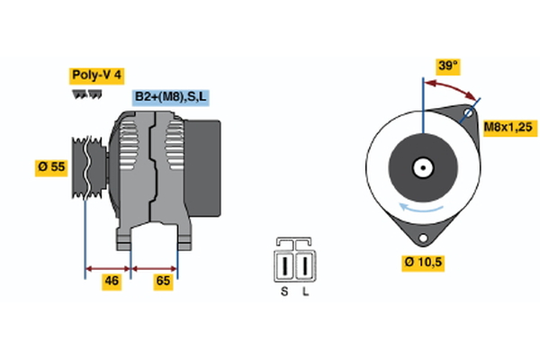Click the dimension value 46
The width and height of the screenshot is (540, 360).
[112, 281]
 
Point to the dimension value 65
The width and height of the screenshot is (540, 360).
[164, 281]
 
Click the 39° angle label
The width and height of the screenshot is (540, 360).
[447, 66]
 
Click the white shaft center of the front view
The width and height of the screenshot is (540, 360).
[422, 167]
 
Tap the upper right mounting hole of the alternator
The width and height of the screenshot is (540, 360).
[468, 114]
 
